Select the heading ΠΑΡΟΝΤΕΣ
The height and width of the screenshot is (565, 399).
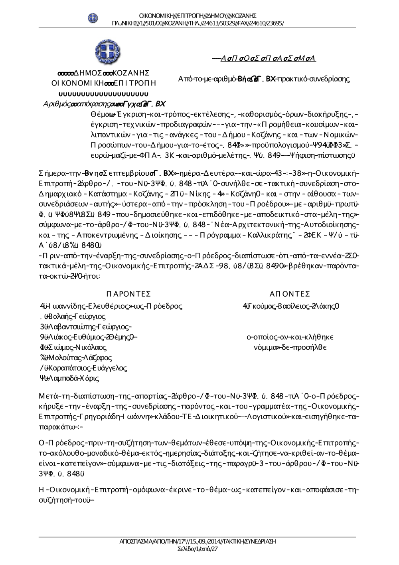tap(128, 294)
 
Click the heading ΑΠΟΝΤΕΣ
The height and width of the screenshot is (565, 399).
tap(290, 294)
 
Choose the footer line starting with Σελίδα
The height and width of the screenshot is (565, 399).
tap(198, 549)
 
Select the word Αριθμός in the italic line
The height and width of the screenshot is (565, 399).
tap(57, 104)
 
